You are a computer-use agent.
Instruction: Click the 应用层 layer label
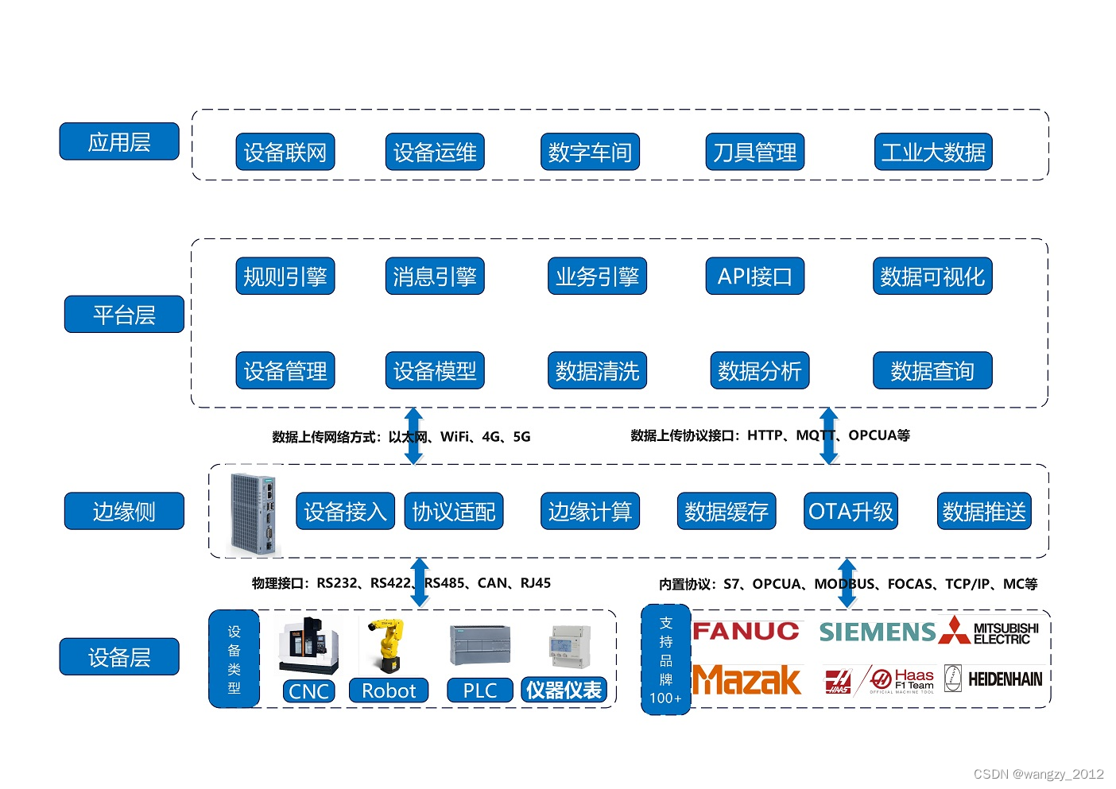pyautogui.click(x=119, y=142)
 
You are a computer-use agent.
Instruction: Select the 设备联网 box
pyautogui.click(x=285, y=152)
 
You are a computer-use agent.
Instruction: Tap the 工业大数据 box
pyautogui.click(x=932, y=152)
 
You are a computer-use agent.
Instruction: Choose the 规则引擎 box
pyautogui.click(x=285, y=277)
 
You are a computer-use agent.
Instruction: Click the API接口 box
pyautogui.click(x=754, y=277)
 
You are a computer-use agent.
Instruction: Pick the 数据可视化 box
pyautogui.click(x=932, y=277)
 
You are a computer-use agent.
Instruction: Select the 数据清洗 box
pyautogui.click(x=597, y=370)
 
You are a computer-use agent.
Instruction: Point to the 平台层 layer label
pyautogui.click(x=124, y=315)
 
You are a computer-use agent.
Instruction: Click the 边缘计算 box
pyautogui.click(x=589, y=511)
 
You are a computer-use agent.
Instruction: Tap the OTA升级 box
pyautogui.click(x=851, y=511)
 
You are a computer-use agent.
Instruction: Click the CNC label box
pyautogui.click(x=309, y=690)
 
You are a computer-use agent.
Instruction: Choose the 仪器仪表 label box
pyautogui.click(x=564, y=690)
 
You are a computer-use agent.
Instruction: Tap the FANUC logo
pyautogui.click(x=746, y=632)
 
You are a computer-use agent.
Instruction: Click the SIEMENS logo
pyautogui.click(x=878, y=632)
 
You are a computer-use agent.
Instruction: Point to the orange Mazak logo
pyautogui.click(x=747, y=680)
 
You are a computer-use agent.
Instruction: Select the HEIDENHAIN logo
pyautogui.click(x=1004, y=679)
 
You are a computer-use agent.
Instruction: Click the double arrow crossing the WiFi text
pyautogui.click(x=413, y=435)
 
